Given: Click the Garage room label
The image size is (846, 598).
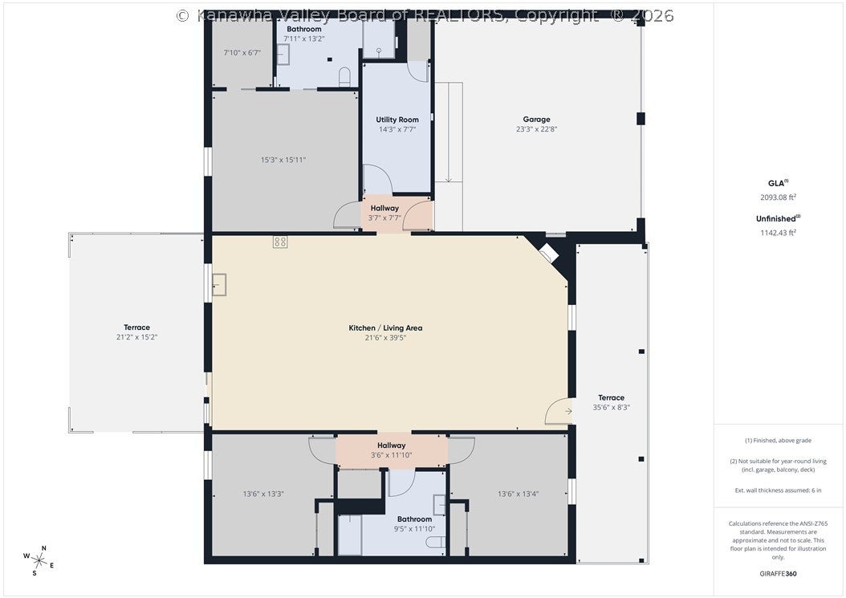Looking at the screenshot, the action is [x=536, y=120].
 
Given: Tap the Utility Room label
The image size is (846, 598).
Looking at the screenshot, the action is [x=397, y=120].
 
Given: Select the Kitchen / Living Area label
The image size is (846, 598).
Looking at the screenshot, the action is [x=385, y=327].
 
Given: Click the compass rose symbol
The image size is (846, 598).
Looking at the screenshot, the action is [x=39, y=561].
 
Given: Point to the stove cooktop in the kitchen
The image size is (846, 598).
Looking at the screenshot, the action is [x=280, y=242].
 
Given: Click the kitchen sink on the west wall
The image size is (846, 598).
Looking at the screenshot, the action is [x=218, y=284].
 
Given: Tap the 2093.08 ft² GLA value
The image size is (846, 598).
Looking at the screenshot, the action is [x=778, y=197].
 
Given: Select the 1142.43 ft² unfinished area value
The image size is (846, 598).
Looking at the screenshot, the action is [x=778, y=233].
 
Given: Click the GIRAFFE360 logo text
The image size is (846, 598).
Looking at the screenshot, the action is [x=778, y=574].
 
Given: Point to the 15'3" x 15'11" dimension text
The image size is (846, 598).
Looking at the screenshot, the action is [x=283, y=160].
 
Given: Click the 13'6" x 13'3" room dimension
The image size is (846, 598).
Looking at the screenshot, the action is [x=263, y=494].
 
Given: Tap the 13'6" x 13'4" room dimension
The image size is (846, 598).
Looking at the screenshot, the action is [x=518, y=494].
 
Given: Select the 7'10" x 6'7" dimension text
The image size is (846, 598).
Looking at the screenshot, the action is [x=242, y=53].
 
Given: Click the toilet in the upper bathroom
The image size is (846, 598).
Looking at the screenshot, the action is [x=345, y=76].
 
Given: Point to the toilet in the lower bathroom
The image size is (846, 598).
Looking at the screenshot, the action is [x=436, y=542].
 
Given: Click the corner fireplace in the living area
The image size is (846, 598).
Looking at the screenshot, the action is [x=548, y=253].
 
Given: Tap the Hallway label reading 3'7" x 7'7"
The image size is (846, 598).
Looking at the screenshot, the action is [x=384, y=213].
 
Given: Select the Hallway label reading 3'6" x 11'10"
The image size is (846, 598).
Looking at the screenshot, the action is [x=391, y=450].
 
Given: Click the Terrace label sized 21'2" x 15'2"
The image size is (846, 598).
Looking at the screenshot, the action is [x=136, y=332].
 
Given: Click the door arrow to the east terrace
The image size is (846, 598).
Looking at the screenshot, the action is [x=568, y=411].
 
